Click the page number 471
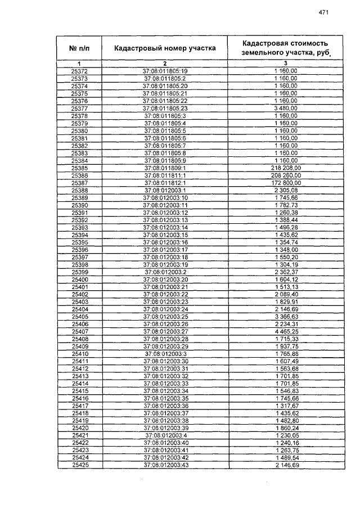coord(323,12)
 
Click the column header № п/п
coord(79,48)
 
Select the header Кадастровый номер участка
coord(165,48)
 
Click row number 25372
coord(80,71)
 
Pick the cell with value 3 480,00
coord(286,108)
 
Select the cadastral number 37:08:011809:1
coord(165,168)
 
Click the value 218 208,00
coord(286,168)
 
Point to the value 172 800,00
coord(286,183)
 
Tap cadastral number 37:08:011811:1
coord(165,175)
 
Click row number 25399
coord(80,272)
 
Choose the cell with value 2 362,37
coord(286,272)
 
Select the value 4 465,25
coord(286,332)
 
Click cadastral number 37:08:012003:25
coord(165,317)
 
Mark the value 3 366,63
coord(286,317)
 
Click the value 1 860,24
coord(286,429)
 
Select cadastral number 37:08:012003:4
coord(165,436)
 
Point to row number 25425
coord(80,466)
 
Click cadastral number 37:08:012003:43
coord(165,466)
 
